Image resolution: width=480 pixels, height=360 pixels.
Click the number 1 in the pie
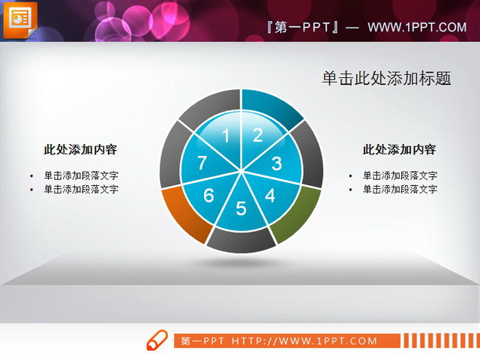coord(226,136)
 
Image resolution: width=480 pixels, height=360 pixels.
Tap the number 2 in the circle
coord(257,135)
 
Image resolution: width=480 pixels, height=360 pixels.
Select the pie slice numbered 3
coord(276,163)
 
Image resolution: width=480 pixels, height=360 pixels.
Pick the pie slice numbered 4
coord(269,196)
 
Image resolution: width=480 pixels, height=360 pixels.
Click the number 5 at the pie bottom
coord(241,208)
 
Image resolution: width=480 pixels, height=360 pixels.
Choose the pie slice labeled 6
coord(208,196)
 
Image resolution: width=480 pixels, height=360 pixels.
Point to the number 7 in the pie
coord(201,163)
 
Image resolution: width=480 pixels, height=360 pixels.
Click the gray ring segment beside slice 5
coord(241,241)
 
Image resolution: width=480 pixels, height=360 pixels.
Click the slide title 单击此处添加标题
coord(386,78)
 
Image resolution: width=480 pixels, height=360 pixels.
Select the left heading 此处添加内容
coord(80,149)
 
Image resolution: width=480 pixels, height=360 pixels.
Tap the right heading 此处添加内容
coord(399,149)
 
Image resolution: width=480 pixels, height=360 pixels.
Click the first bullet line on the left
coord(80,175)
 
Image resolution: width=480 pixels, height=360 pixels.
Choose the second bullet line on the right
coord(399,189)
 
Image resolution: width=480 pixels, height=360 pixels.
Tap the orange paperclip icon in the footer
coord(157,340)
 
